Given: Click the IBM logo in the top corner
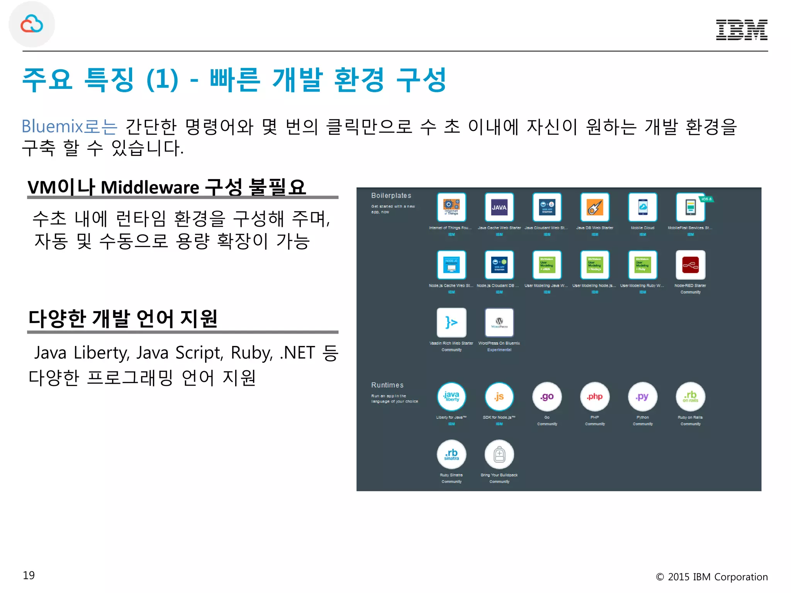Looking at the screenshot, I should click(x=742, y=30).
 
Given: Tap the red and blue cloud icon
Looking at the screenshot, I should click(x=32, y=24).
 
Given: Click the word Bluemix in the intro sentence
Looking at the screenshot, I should click(x=52, y=127).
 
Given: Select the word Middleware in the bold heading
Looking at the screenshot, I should click(x=150, y=188).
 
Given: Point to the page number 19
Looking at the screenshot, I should click(x=29, y=575).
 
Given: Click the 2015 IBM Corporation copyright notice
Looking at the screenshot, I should click(x=711, y=577).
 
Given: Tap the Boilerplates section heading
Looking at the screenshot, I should click(x=391, y=196).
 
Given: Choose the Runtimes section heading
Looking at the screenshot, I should click(x=387, y=385).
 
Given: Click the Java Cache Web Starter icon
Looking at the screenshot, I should click(x=499, y=207).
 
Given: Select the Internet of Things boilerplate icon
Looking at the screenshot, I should click(x=451, y=207).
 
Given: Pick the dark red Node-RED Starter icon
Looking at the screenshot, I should click(x=690, y=265).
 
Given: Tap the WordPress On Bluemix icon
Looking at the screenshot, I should click(x=499, y=322).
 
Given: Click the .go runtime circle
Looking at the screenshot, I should click(x=547, y=396).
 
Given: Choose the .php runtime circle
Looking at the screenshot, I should click(x=595, y=396).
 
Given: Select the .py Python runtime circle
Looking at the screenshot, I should click(x=642, y=396).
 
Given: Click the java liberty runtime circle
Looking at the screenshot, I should click(x=451, y=396).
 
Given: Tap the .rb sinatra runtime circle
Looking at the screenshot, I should click(x=451, y=454).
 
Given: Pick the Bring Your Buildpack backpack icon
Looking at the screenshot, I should click(x=499, y=454).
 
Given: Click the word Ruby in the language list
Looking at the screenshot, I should click(x=251, y=353).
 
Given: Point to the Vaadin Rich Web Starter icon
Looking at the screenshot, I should click(x=451, y=322).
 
